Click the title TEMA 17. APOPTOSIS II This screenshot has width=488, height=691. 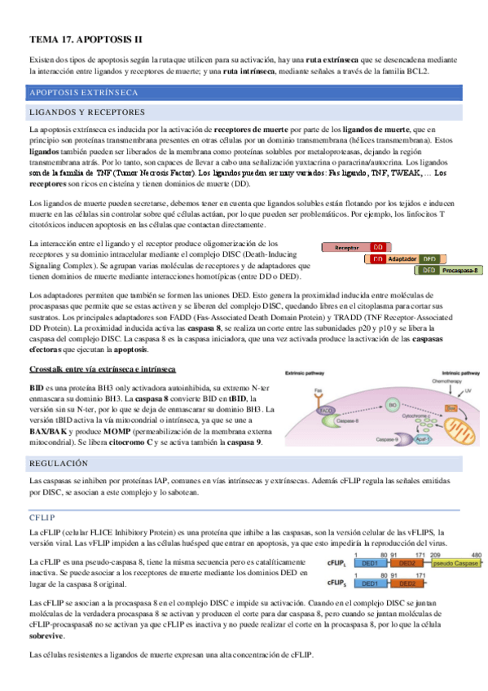tap(85, 39)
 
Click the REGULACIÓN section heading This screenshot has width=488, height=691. tap(57, 463)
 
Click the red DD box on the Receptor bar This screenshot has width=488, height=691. tap(378, 247)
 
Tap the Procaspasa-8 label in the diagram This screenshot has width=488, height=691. tap(460, 271)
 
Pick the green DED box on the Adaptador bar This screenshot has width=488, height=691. tap(429, 259)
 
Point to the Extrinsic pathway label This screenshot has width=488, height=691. tap(303, 372)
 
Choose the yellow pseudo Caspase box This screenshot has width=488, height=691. tap(455, 563)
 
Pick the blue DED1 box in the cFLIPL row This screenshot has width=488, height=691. tap(369, 563)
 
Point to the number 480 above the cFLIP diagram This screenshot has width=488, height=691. tap(476, 555)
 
